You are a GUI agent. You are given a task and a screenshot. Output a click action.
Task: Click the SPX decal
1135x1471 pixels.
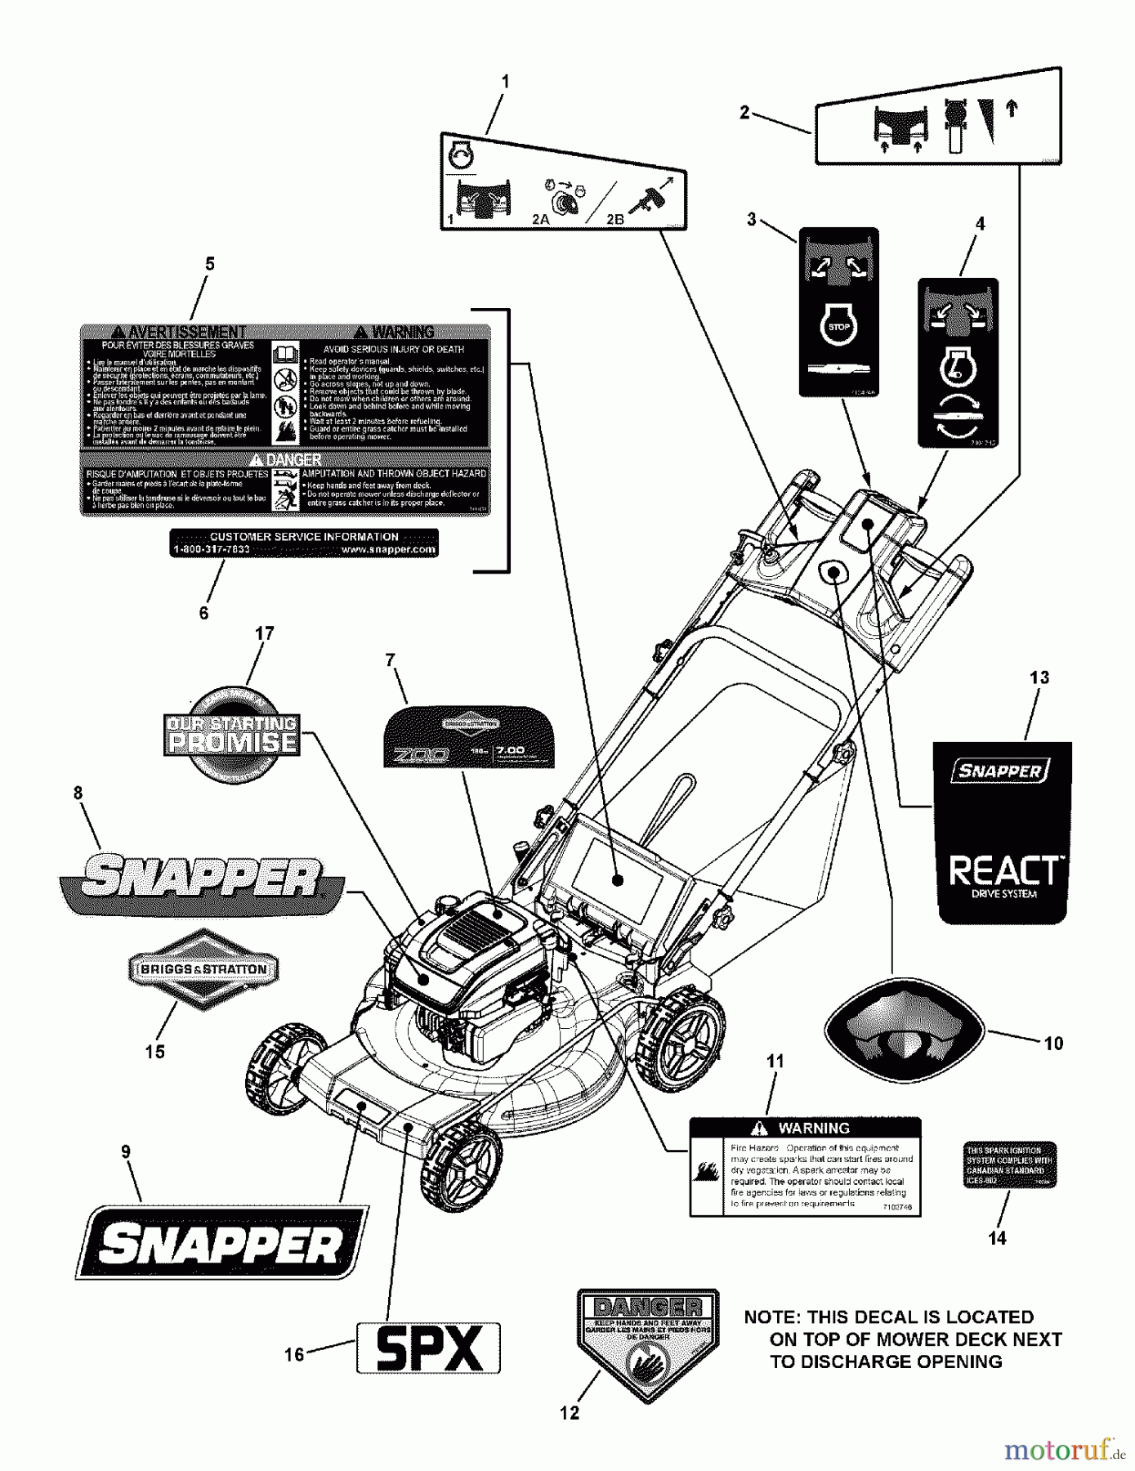click(x=428, y=1347)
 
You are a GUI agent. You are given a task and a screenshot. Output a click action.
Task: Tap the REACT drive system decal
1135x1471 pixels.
click(x=1003, y=833)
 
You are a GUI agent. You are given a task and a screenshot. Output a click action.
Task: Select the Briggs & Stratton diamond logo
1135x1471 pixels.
click(x=203, y=969)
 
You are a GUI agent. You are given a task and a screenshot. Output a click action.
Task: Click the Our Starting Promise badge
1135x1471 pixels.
click(x=232, y=734)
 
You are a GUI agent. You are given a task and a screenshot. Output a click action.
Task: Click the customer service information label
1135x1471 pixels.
click(x=304, y=543)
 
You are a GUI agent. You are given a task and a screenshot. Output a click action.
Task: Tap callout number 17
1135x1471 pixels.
click(x=264, y=633)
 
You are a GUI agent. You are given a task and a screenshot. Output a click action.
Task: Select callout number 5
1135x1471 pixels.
click(x=210, y=264)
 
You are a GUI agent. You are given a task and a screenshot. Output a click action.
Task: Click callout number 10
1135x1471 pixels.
click(x=1053, y=1044)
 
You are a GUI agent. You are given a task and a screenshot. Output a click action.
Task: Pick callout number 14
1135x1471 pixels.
click(x=997, y=1238)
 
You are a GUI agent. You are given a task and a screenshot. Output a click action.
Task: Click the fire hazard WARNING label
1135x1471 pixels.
click(x=805, y=1166)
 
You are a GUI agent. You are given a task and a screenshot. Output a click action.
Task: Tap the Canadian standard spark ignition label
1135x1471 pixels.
click(x=1010, y=1165)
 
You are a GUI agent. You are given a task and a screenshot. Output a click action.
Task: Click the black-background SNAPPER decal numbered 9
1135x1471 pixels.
click(x=221, y=1242)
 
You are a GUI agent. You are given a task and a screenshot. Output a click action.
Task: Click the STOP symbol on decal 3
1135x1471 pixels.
click(x=838, y=327)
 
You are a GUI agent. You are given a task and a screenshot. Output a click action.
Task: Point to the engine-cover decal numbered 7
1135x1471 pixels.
click(x=469, y=737)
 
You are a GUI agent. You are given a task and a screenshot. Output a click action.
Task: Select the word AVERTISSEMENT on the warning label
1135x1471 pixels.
click(x=178, y=332)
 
